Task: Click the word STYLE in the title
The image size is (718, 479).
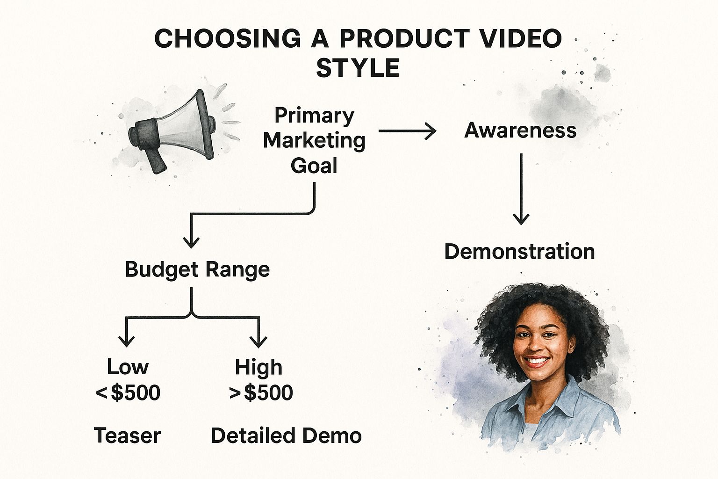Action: point(358,68)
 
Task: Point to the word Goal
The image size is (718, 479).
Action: point(314,166)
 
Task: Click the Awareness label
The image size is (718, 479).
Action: point(520,131)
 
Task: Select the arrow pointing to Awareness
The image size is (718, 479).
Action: point(408,131)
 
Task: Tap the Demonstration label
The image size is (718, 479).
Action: point(520,251)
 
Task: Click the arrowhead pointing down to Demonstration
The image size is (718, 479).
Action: point(521,218)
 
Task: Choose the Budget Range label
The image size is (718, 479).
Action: point(197,269)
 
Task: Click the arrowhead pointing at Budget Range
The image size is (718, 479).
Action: point(191,242)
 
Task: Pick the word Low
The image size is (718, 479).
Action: point(128,367)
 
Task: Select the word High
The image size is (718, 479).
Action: point(258,367)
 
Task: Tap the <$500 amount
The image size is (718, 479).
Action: point(128,392)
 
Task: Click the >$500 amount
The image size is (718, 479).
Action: point(261,392)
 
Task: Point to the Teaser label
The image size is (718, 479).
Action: point(127,435)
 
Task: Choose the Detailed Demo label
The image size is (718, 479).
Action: point(286,435)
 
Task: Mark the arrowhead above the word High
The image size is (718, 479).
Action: point(258,341)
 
